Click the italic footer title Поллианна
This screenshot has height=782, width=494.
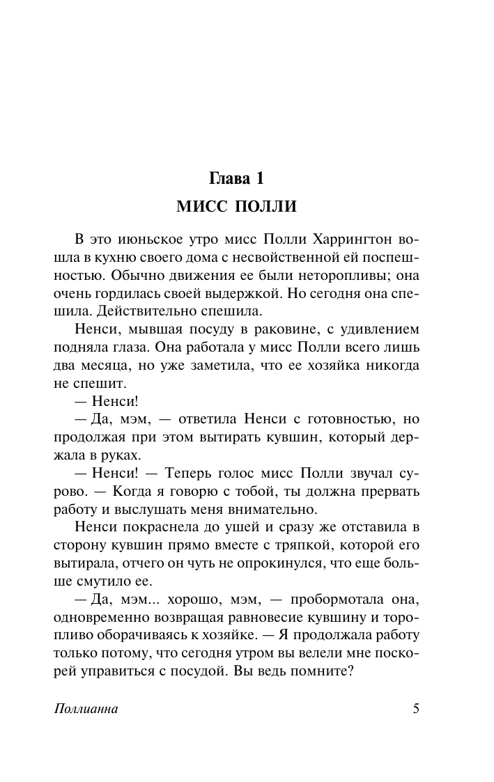pos(85,710)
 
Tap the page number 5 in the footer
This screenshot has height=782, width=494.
pos(416,710)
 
